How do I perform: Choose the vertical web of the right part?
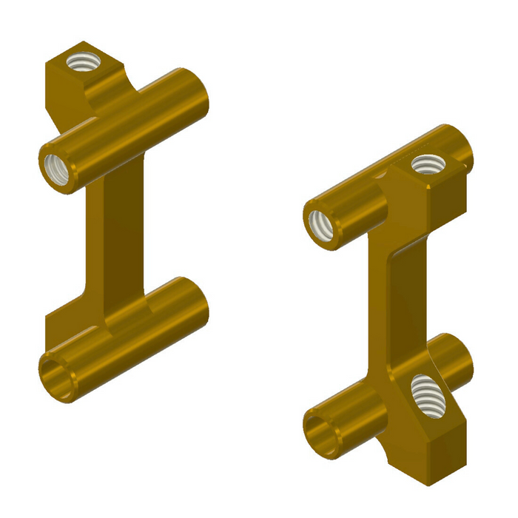403,296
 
